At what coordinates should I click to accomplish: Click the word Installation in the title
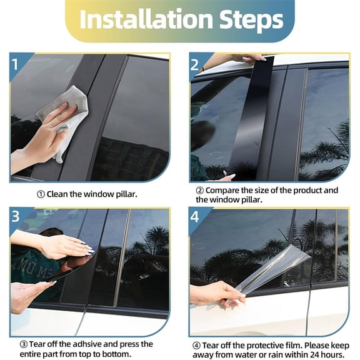pos(141,20)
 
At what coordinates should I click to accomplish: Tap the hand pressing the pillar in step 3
pos(59,245)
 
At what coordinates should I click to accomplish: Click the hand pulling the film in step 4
pos(214,292)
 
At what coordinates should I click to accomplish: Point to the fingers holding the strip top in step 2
pos(250,58)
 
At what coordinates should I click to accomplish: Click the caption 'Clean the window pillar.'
pos(92,194)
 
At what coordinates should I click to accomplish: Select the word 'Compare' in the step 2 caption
pos(224,190)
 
